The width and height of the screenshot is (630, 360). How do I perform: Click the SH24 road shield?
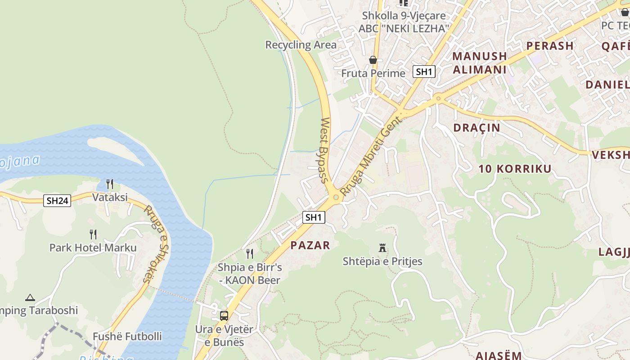(57, 201)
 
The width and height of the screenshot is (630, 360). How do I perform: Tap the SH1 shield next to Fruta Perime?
(424, 72)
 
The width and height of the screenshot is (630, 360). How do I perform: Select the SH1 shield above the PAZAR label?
(313, 217)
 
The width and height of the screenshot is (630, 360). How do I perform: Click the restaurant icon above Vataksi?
(109, 184)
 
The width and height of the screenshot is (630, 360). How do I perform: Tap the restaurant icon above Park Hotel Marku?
(93, 234)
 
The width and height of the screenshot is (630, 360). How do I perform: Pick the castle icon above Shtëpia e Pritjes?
(382, 247)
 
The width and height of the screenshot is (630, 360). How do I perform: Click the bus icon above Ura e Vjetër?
(224, 315)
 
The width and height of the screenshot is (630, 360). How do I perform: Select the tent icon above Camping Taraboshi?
(30, 297)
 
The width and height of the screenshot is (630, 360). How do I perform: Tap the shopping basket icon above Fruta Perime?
(373, 59)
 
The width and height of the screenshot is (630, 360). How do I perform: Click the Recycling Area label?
(301, 45)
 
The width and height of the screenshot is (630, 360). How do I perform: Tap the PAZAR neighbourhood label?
(310, 245)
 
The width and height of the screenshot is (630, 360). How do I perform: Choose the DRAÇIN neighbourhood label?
(477, 128)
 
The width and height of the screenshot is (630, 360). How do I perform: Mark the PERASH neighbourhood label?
(550, 46)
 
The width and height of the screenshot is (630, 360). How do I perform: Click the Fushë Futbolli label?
(127, 337)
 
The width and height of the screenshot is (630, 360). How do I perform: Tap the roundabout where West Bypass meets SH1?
(336, 197)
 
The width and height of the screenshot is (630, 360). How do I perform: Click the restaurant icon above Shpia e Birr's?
(250, 253)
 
